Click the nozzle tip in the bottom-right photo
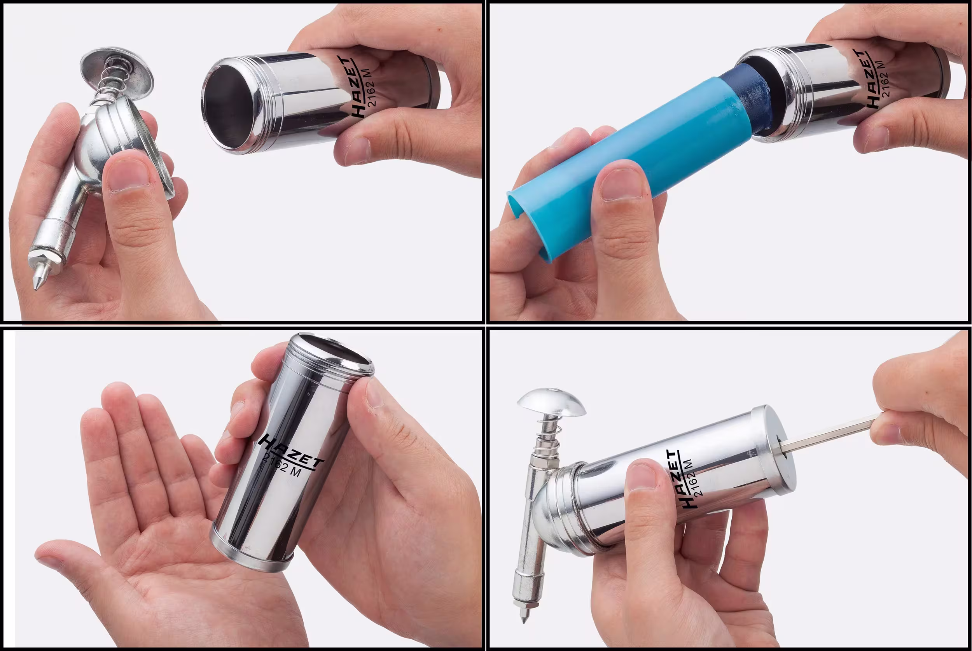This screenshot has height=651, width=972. tap(524, 614)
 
